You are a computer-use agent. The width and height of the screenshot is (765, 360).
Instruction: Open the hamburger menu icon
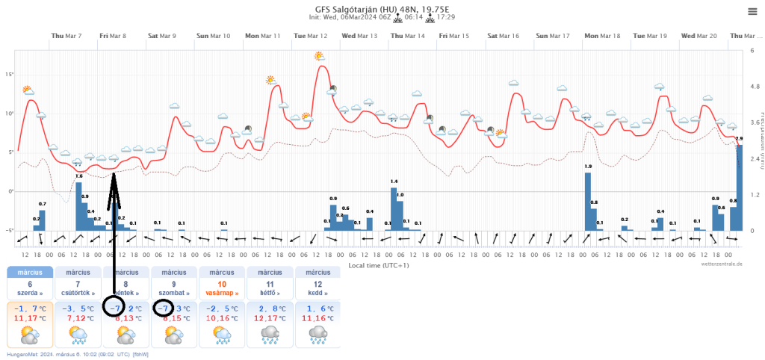tap(752, 10)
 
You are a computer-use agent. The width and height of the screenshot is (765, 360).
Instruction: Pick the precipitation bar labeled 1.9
tap(588, 202)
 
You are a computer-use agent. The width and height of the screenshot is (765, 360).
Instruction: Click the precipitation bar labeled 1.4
tap(394, 208)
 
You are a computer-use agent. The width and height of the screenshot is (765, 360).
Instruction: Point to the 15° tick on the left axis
tap(10, 75)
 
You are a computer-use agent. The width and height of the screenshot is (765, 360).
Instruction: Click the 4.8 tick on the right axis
tap(755, 87)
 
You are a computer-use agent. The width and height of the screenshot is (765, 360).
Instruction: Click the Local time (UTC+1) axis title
tap(372, 264)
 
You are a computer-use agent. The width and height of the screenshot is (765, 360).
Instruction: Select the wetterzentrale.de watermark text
tap(721, 264)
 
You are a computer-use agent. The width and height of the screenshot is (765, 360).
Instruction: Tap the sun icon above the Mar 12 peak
tap(320, 56)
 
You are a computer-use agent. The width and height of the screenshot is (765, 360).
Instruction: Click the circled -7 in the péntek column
tap(116, 308)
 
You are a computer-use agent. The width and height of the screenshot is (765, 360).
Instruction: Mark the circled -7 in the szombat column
tap(164, 308)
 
